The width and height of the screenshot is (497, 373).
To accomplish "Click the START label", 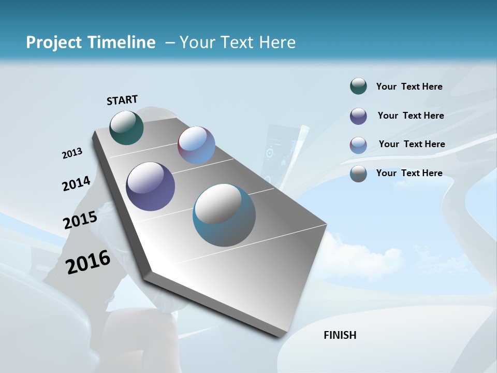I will click(122, 99).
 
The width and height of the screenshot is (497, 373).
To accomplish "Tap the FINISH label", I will click(340, 335).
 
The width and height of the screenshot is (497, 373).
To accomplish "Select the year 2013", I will click(72, 153).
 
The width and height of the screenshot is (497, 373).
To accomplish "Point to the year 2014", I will click(76, 183).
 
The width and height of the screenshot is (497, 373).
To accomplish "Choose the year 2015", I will click(80, 220).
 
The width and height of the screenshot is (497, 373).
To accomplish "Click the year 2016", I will click(88, 262).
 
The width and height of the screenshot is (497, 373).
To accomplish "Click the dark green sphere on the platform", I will click(126, 127).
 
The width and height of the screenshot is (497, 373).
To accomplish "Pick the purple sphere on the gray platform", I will click(151, 187).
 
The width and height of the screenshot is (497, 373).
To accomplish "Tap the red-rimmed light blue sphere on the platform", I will click(196, 145).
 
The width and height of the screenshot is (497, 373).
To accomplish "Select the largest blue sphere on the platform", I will click(224, 215).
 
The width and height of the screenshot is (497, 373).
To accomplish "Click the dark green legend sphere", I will click(358, 87).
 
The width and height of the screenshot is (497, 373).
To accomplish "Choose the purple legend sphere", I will click(358, 116).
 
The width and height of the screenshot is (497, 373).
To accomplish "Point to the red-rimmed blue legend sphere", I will click(358, 145).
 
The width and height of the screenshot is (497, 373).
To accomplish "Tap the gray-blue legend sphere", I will click(358, 174).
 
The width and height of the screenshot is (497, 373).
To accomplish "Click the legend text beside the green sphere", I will click(409, 87).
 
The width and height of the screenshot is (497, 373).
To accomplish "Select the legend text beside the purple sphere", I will click(411, 116).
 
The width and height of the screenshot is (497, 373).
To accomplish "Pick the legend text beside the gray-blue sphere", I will click(409, 173).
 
